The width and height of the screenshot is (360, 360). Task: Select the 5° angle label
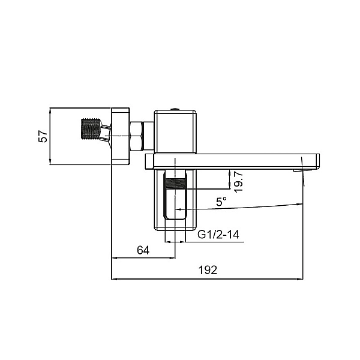(x=222, y=202)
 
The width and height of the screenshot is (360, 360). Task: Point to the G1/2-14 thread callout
(x=218, y=235)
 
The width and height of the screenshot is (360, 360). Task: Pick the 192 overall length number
(x=208, y=271)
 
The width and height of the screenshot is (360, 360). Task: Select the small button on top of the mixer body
(x=175, y=109)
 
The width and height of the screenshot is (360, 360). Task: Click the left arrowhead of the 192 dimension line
(x=114, y=279)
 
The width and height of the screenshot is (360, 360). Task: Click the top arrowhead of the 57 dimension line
(x=50, y=110)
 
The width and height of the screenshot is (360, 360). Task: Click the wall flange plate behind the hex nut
(x=121, y=136)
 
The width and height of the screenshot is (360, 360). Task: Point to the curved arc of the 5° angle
(x=258, y=207)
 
